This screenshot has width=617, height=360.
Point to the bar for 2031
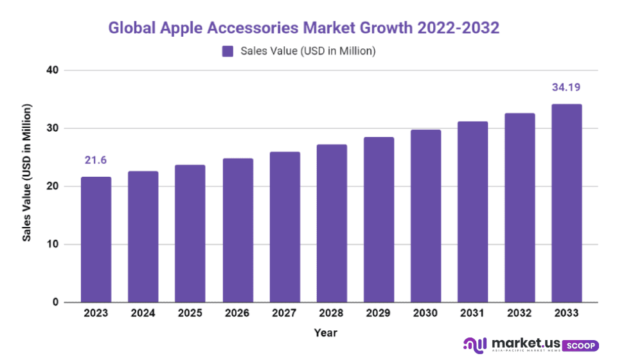click(472, 212)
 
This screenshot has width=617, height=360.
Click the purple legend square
click(228, 51)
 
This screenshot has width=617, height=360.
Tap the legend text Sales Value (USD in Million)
click(308, 51)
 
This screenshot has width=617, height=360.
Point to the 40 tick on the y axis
click(52, 70)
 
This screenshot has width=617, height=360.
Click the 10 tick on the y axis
click(52, 244)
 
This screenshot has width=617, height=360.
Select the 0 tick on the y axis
click(55, 302)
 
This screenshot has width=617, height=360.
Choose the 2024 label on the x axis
click(143, 313)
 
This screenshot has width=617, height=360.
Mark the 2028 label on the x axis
click(331, 313)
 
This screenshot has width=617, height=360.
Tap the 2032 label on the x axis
click(519, 313)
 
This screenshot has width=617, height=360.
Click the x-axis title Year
click(326, 332)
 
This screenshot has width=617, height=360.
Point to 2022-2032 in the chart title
click(458, 28)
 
